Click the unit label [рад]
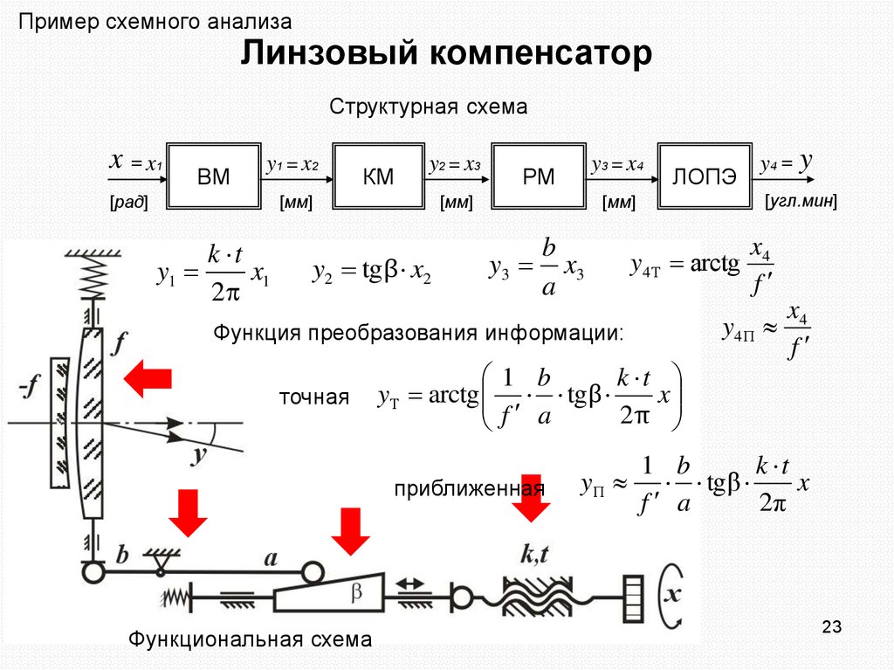pyautogui.click(x=128, y=204)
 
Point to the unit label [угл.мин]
pyautogui.click(x=801, y=203)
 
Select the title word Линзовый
pyautogui.click(x=326, y=54)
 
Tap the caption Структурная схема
pyautogui.click(x=428, y=107)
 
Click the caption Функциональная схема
pyautogui.click(x=251, y=639)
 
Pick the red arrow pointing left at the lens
pyautogui.click(x=148, y=380)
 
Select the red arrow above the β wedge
pyautogui.click(x=351, y=529)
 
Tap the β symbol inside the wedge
pyautogui.click(x=355, y=592)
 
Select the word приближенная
pyautogui.click(x=469, y=487)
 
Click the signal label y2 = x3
pyautogui.click(x=455, y=164)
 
